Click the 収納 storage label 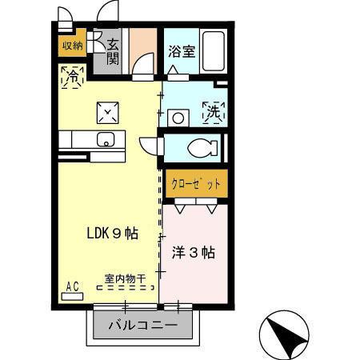point(71,45)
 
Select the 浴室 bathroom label point(181,52)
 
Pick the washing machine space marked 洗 point(212,113)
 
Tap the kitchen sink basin point(106,139)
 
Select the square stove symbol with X point(108,113)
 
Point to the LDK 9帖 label point(112,234)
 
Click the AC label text point(71,286)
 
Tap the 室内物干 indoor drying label point(125,279)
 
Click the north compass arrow point(288,337)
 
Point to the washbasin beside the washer point(178,117)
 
